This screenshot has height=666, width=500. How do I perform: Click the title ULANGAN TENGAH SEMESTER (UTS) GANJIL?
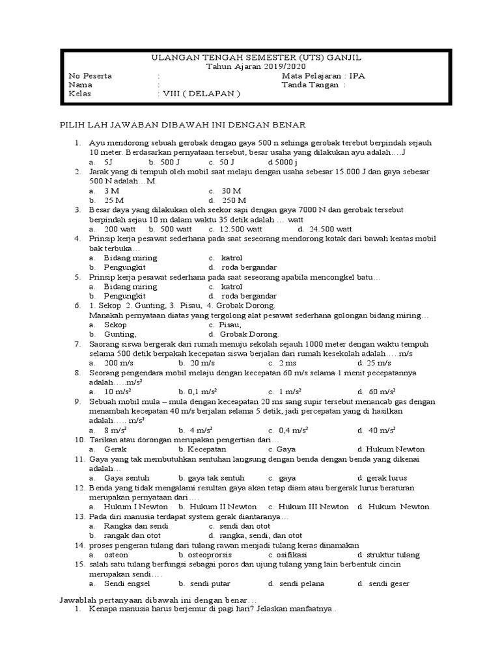pos(250,57)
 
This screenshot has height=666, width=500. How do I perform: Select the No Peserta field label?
pos(90,75)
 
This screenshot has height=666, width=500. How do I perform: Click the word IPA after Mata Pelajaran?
pos(357,75)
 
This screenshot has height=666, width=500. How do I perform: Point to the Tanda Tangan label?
pos(309,85)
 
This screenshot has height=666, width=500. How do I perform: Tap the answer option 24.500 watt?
pos(331,229)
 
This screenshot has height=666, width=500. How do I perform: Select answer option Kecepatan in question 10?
pos(206,449)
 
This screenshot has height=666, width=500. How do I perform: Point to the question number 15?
pos(78,565)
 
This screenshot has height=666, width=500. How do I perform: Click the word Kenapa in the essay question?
pos(105,609)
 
